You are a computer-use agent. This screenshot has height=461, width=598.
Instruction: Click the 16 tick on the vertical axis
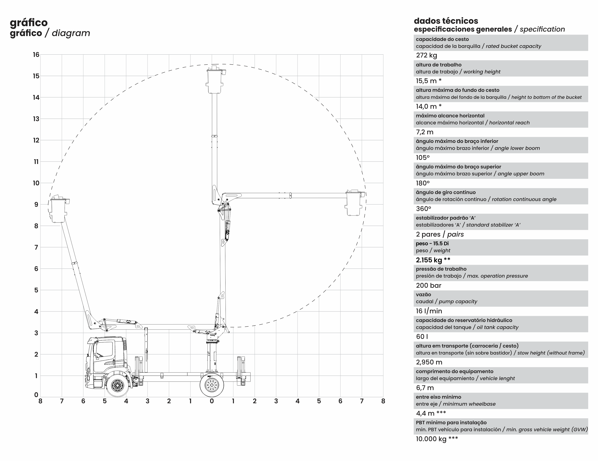(36, 55)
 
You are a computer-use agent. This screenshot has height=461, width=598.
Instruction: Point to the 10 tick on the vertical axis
(36, 183)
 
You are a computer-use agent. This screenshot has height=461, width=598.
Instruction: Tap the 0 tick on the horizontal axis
(212, 401)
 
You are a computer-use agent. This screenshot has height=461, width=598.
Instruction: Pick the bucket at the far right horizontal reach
(355, 203)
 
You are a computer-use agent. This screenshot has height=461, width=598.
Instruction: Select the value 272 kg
(426, 55)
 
